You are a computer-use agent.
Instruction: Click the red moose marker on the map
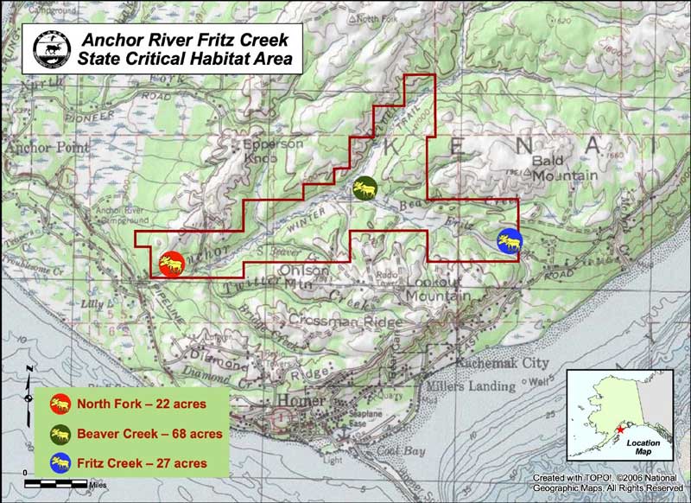(x=171, y=263)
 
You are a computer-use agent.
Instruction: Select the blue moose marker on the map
(x=510, y=242)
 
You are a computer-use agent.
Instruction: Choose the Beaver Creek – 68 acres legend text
(x=149, y=433)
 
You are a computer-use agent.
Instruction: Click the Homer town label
(x=302, y=401)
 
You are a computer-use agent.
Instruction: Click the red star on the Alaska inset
(x=621, y=430)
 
